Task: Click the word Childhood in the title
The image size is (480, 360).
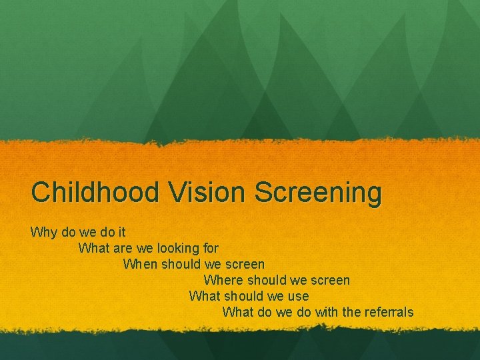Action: (x=95, y=193)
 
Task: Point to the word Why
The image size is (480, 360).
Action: (x=43, y=233)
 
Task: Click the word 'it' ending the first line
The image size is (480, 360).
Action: (x=122, y=232)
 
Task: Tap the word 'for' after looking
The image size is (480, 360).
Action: (x=210, y=248)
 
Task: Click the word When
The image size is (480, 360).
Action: (x=141, y=264)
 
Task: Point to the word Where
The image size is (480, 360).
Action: (x=222, y=280)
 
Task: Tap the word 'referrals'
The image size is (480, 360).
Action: (x=387, y=312)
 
